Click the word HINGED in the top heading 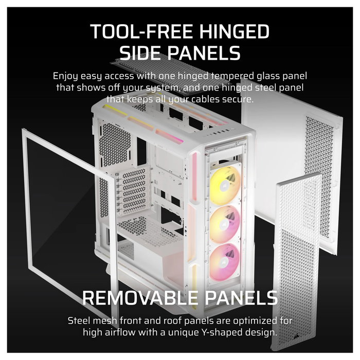click(x=234, y=31)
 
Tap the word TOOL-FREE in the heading click(x=141, y=31)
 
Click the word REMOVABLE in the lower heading click(x=140, y=298)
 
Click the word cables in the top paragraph click(x=206, y=99)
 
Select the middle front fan click(x=225, y=224)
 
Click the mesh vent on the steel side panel click(x=319, y=176)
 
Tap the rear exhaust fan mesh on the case click(x=115, y=144)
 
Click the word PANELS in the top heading click(x=204, y=52)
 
